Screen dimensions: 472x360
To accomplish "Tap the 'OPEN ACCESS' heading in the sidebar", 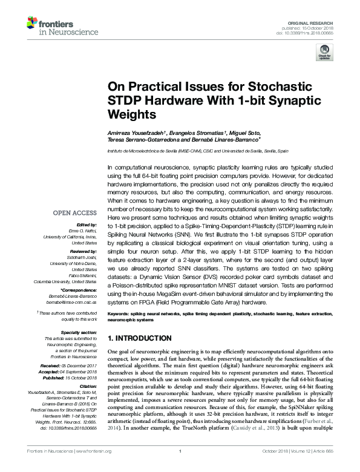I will click(74, 213).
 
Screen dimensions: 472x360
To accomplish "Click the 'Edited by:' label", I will click(88, 225).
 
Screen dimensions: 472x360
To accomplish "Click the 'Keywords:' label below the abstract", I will click(119, 313).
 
